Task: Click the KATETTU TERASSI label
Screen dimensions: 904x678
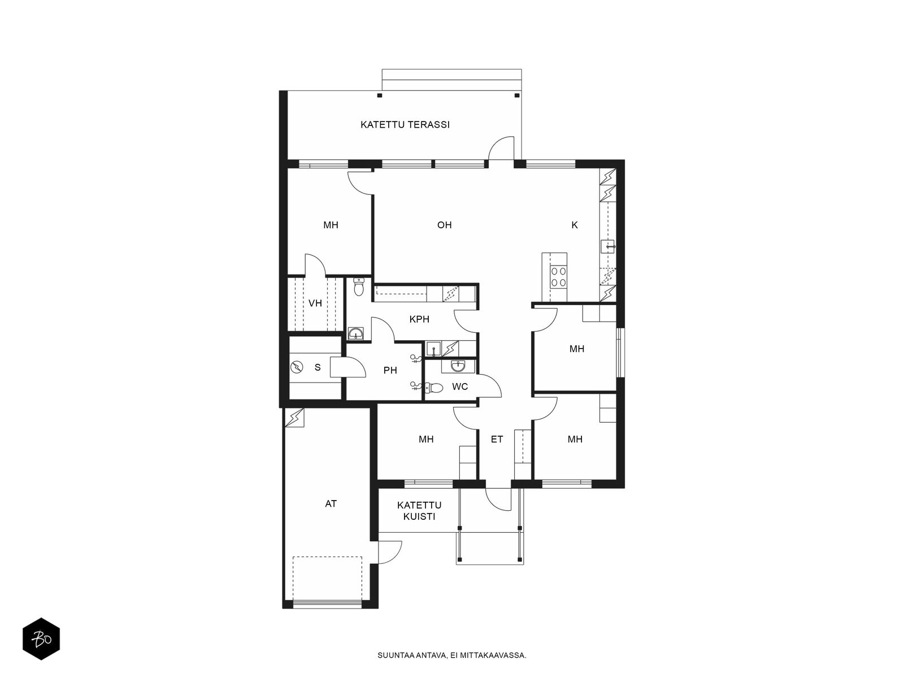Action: point(405,124)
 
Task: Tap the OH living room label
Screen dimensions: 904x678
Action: point(445,225)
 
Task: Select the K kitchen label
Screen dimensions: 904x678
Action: point(575,225)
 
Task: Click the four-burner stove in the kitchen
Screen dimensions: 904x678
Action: point(558,276)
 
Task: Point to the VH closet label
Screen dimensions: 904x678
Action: point(315,303)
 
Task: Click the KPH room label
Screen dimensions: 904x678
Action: point(419,319)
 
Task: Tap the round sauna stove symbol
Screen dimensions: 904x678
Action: point(296,367)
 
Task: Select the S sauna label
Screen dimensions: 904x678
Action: point(318,367)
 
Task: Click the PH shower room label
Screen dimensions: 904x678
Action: point(390,371)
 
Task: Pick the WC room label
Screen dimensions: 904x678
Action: point(459,386)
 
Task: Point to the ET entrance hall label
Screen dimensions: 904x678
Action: point(497,439)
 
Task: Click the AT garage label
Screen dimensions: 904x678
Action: point(331,503)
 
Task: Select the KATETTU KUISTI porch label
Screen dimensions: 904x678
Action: point(419,510)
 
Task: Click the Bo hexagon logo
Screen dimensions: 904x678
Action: point(41,639)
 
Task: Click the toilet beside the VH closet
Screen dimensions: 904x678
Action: point(359,287)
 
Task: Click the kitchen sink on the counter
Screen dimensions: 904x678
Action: point(607,246)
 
